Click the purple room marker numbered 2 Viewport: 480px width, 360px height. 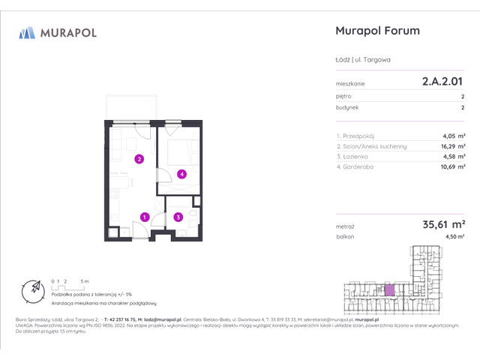[x=139, y=159]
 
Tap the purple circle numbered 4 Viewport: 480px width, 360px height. [x=181, y=174]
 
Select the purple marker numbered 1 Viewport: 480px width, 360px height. [x=143, y=217]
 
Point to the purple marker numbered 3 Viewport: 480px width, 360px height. [x=178, y=217]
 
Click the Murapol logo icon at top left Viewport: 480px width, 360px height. [x=27, y=32]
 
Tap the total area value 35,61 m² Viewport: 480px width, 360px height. [x=442, y=223]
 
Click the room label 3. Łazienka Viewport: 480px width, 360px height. [x=356, y=156]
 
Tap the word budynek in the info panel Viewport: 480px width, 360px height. [x=346, y=108]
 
